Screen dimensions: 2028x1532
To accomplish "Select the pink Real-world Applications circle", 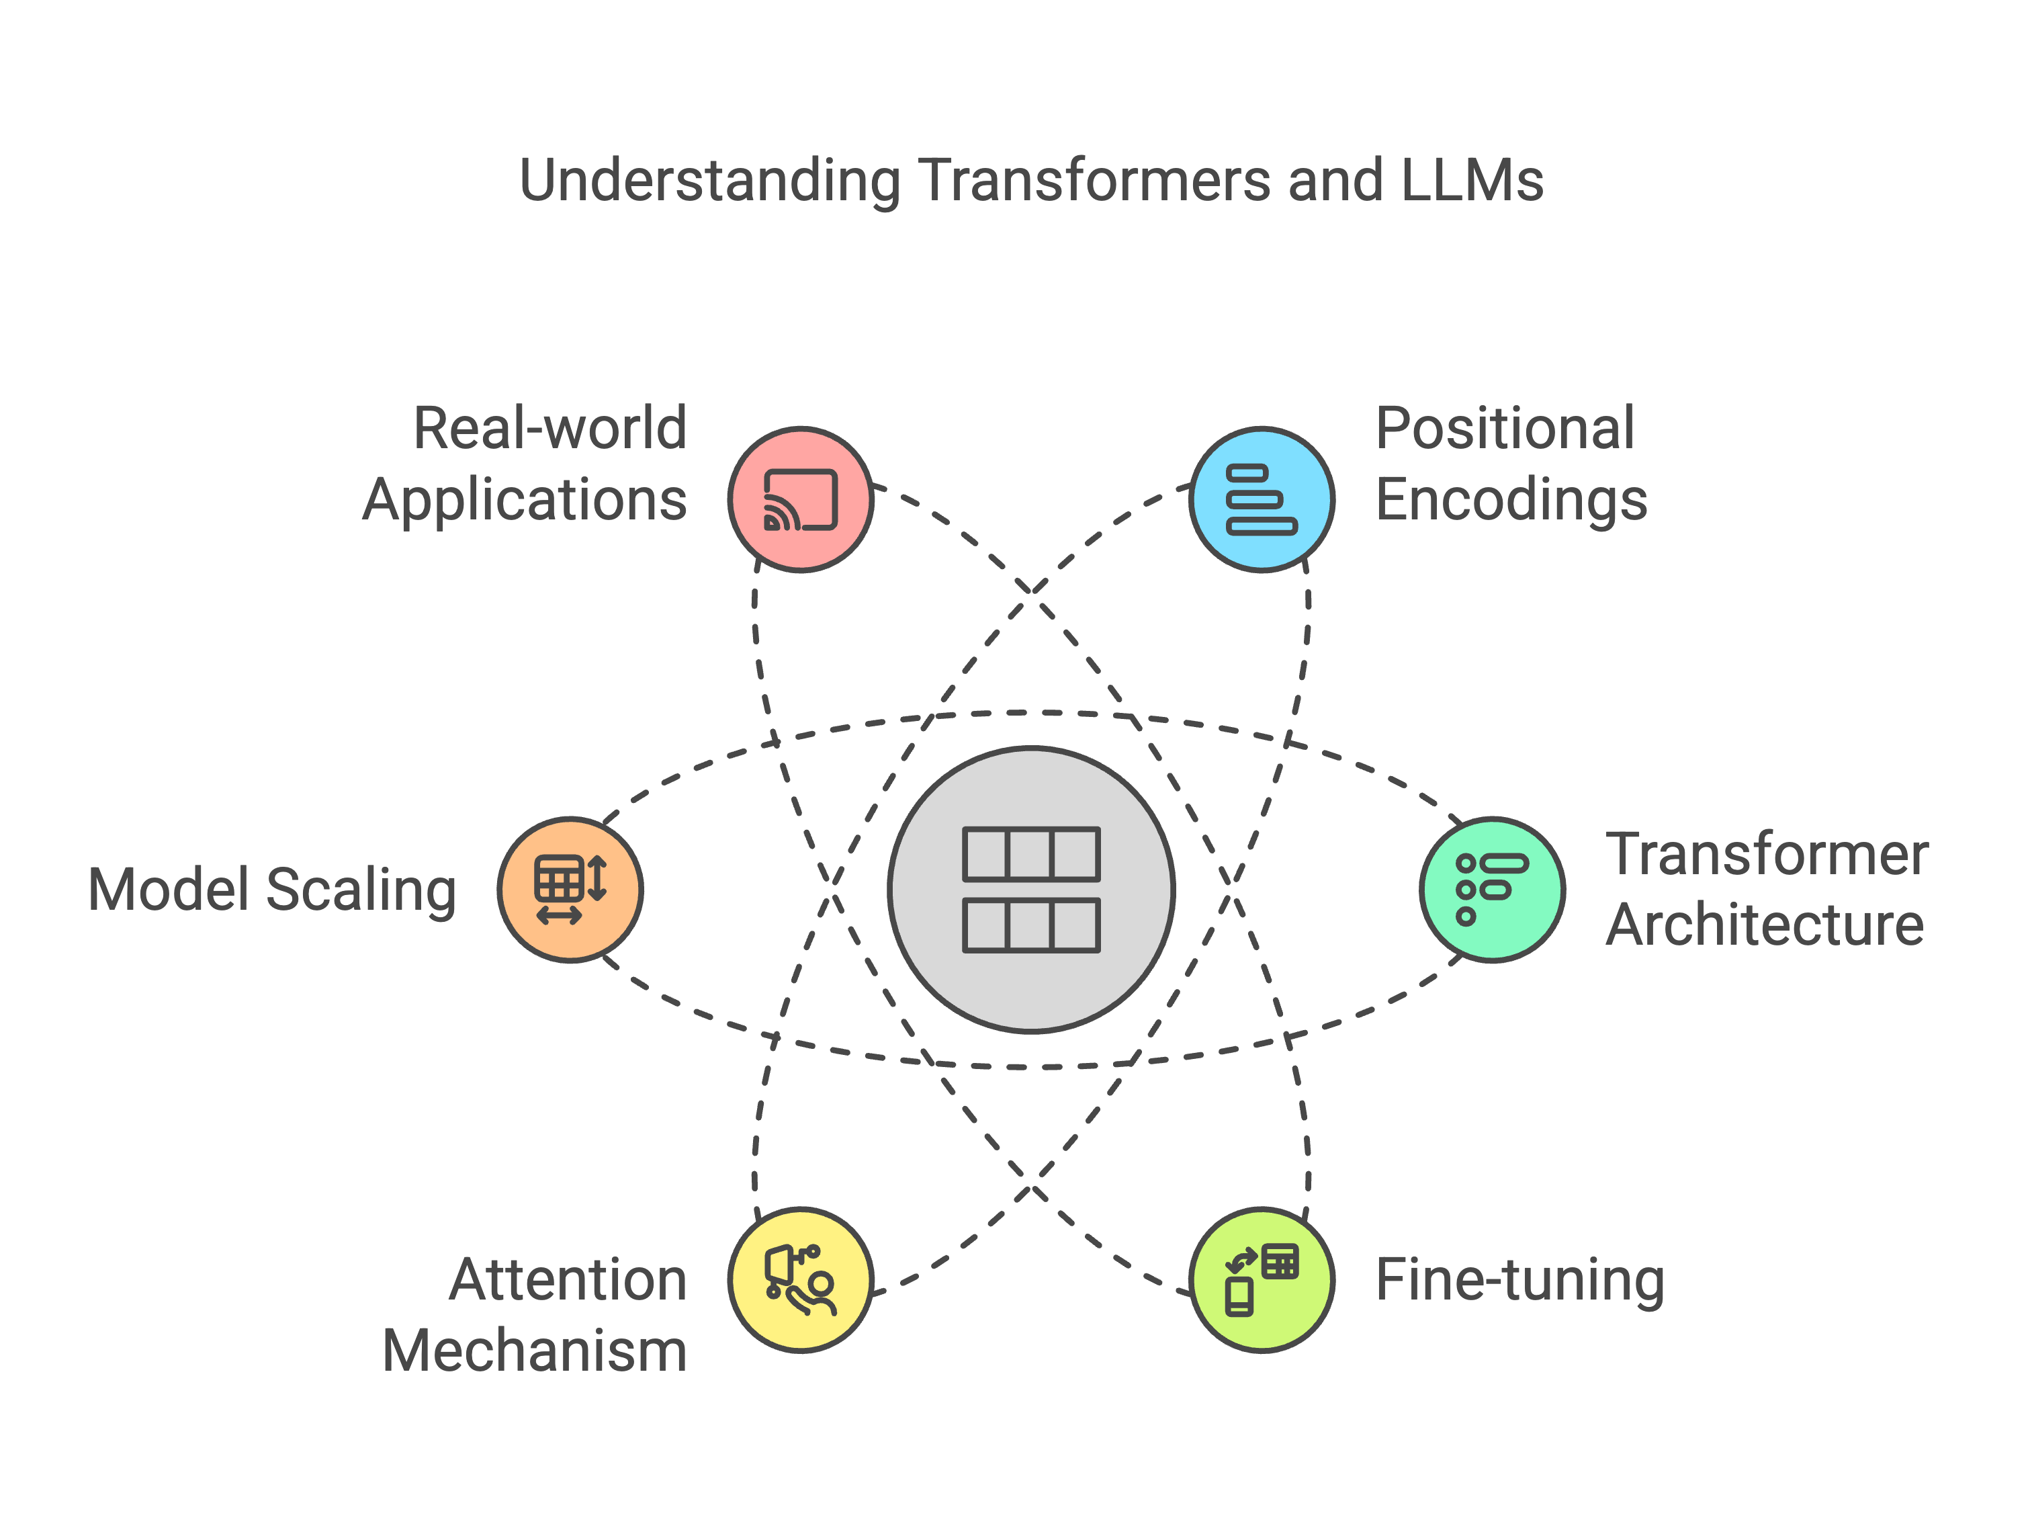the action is (x=800, y=500).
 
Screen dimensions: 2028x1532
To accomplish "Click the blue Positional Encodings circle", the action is (x=1262, y=500).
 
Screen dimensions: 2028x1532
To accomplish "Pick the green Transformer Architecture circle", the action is (x=1492, y=890).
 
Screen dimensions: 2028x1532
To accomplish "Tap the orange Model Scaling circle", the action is (x=570, y=890).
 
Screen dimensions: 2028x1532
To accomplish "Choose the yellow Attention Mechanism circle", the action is (x=800, y=1280).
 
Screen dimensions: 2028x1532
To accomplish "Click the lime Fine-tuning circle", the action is (x=1262, y=1280).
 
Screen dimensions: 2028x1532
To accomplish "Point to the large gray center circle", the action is (x=1031, y=890).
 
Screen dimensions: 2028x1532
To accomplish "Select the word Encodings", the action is (x=1511, y=500).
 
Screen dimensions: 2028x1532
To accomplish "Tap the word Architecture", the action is (x=1765, y=924).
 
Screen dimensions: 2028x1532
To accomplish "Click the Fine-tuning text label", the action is (x=1519, y=1280).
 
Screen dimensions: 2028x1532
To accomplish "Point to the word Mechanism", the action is (x=535, y=1351).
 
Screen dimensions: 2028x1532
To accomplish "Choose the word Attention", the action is (x=568, y=1280).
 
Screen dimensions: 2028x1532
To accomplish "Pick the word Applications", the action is (x=525, y=500).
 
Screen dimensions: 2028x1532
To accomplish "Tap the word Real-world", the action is (x=550, y=428).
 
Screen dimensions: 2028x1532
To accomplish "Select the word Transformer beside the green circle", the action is (x=1767, y=855).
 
